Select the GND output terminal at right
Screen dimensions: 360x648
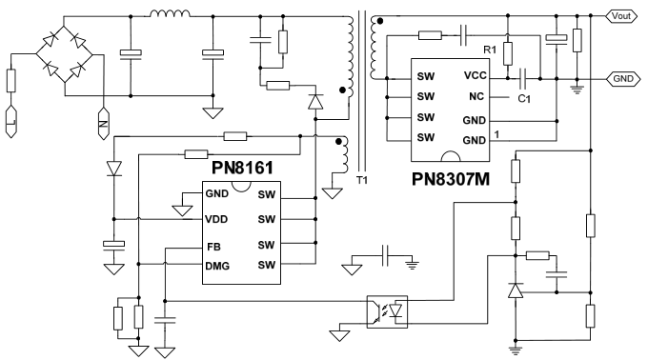624,78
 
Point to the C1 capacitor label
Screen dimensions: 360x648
522,97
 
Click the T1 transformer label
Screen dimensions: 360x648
360,181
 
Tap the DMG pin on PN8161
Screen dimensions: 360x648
218,264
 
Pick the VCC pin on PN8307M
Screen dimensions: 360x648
476,74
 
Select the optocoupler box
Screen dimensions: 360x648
386,310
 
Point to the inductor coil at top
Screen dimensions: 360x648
170,13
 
